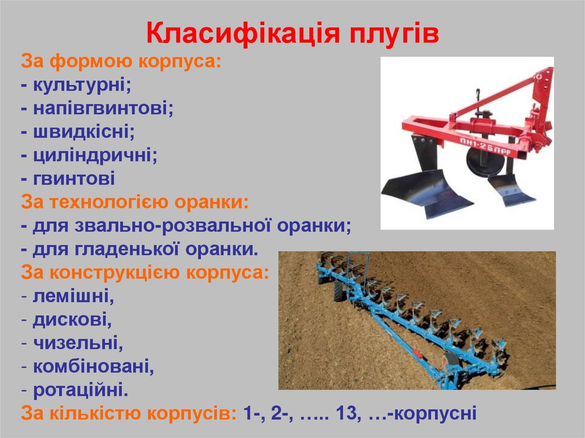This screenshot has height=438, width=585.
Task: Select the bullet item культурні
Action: tap(82, 85)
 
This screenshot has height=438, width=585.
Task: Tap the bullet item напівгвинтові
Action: tap(103, 109)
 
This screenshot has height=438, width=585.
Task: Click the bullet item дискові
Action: tap(72, 319)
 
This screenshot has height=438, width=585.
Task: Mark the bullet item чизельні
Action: tap(78, 343)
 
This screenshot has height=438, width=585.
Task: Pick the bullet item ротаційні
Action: tap(80, 389)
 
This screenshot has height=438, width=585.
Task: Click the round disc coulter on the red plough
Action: tap(484, 160)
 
